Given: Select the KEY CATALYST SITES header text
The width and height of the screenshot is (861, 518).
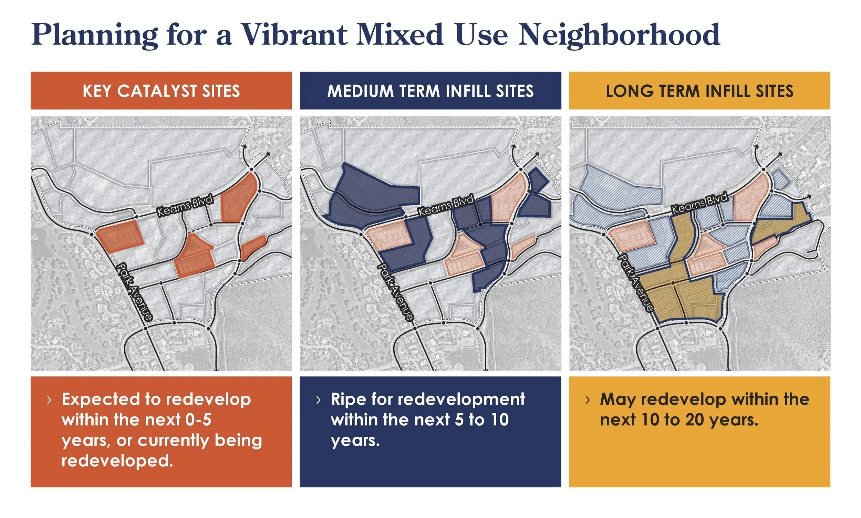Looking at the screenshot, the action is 161,91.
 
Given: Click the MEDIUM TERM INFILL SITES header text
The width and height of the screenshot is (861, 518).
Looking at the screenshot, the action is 430,91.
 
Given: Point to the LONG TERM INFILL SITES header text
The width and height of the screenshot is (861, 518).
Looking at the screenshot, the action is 699,91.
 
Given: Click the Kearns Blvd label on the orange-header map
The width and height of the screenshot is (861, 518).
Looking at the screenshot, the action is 185,206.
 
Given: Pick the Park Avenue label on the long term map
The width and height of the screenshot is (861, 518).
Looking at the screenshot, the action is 635,283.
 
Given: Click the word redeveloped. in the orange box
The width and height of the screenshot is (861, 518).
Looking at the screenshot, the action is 117,461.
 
